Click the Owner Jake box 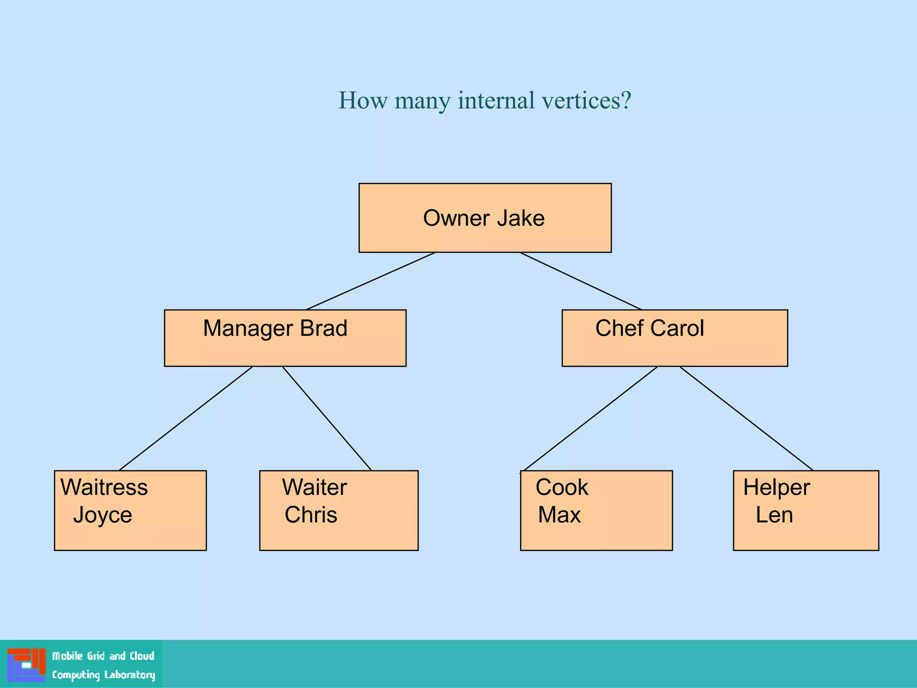(x=485, y=218)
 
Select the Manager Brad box (x=285, y=338)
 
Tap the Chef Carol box (x=674, y=338)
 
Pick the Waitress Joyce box (x=130, y=510)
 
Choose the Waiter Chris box (x=339, y=510)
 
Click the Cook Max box (x=596, y=510)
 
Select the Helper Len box (x=806, y=510)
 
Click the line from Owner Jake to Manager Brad (x=371, y=281)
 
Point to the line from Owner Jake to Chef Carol (x=580, y=281)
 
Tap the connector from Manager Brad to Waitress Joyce (x=186, y=418)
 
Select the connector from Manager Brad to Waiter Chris (x=327, y=418)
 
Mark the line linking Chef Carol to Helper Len (x=746, y=418)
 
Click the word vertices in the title (x=586, y=100)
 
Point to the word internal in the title (x=496, y=100)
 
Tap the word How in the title (x=363, y=100)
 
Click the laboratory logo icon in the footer (x=26, y=665)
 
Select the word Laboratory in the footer (x=129, y=675)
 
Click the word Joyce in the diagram (x=103, y=515)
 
